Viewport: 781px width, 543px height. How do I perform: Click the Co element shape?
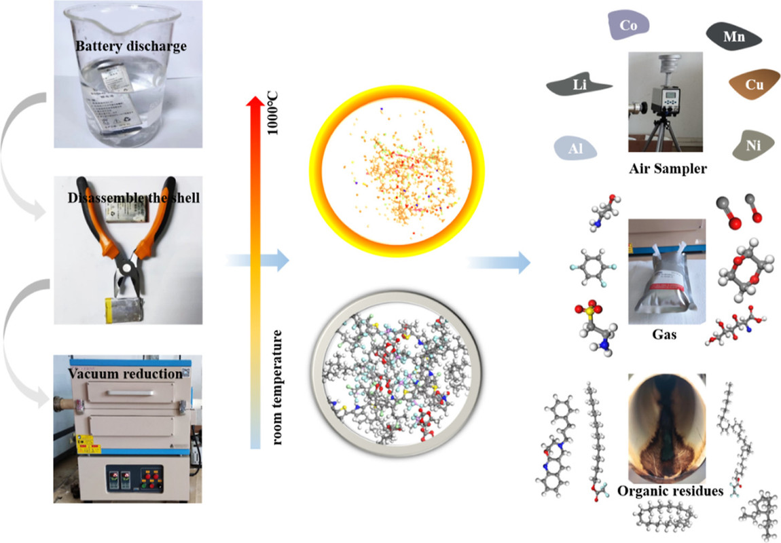click(627, 26)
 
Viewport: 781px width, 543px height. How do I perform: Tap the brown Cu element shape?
click(752, 84)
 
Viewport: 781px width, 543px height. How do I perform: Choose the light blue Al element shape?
click(574, 147)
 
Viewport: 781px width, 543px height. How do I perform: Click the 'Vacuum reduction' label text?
click(125, 374)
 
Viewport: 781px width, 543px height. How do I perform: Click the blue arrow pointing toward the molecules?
click(499, 261)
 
